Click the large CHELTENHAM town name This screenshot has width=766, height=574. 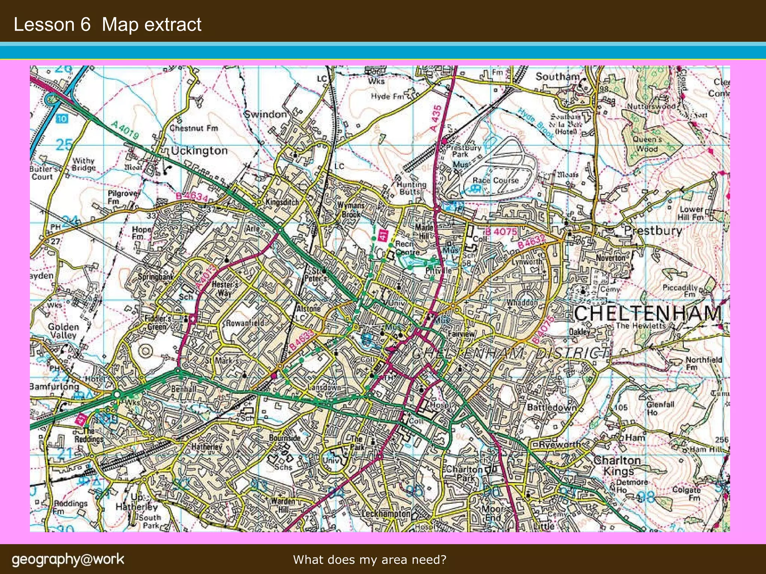[x=647, y=313]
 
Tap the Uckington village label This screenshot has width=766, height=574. [x=199, y=151]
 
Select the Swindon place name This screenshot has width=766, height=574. [x=266, y=114]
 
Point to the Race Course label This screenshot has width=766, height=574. [x=495, y=180]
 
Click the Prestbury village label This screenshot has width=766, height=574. [x=653, y=230]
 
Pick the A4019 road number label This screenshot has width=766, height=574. [x=125, y=130]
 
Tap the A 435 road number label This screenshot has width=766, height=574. [x=436, y=118]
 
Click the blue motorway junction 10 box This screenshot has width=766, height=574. [x=62, y=119]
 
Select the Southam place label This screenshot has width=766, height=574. [x=557, y=77]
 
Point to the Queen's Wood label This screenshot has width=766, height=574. [x=647, y=144]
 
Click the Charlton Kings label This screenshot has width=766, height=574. [x=618, y=465]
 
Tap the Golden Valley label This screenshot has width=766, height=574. [x=63, y=331]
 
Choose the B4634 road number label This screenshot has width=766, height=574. [x=191, y=196]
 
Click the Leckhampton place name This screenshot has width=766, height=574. [x=386, y=514]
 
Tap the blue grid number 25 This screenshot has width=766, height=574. [x=64, y=145]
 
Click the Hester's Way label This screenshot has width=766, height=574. [x=224, y=288]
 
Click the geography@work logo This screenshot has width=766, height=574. [x=68, y=559]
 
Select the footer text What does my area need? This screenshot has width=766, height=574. [x=370, y=559]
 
